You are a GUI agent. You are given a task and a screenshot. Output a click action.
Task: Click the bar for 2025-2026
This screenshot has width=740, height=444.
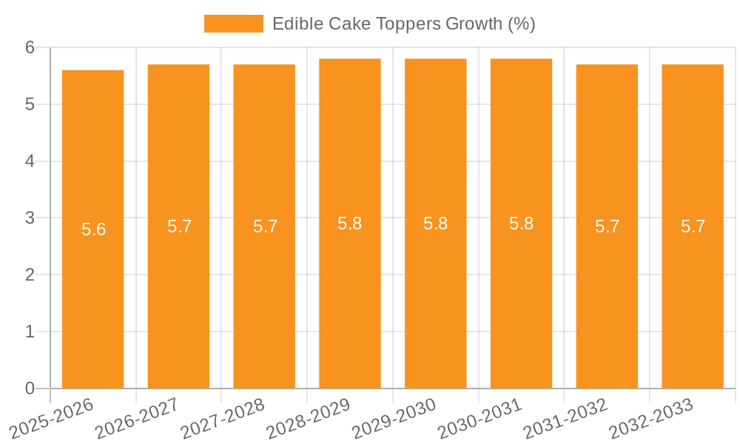pos(92,296)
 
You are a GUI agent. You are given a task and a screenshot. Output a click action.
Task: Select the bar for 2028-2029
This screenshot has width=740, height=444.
pos(349,296)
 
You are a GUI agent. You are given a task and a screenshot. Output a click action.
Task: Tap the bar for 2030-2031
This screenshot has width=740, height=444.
pos(521,296)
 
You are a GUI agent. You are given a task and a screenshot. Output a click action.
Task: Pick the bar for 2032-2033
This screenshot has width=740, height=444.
pos(693,296)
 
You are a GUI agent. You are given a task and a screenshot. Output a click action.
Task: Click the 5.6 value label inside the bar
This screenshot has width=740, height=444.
pos(93,229)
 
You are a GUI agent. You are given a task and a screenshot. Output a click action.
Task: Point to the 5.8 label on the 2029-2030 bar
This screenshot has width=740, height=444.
pos(435,223)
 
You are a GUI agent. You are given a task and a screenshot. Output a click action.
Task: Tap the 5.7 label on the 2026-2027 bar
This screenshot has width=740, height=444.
pos(179,226)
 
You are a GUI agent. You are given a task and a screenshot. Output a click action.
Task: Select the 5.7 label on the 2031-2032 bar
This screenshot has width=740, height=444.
pos(607,226)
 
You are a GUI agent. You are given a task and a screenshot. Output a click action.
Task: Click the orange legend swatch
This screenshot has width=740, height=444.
pos(233,24)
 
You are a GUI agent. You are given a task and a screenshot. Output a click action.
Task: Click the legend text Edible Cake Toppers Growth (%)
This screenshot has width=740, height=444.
pos(403,24)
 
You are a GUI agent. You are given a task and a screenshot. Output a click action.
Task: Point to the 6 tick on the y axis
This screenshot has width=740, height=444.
pos(30,47)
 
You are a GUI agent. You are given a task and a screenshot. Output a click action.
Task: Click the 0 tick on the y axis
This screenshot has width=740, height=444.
pos(30,388)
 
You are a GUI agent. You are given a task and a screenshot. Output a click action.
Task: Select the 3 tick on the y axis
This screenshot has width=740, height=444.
pos(30,218)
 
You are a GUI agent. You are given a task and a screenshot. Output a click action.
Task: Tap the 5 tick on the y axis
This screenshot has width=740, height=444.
pos(30,104)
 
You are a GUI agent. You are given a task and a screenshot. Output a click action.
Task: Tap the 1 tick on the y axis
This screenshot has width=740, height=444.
pos(30,332)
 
